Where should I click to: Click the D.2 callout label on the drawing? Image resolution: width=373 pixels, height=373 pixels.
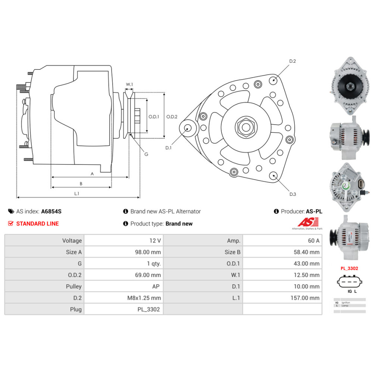point(292,61)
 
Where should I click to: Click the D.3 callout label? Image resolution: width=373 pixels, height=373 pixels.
point(292,194)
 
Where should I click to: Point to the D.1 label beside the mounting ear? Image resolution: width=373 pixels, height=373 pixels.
point(168,148)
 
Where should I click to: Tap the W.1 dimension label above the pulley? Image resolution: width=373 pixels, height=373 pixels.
point(129,85)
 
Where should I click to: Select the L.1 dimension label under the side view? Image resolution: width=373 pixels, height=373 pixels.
point(77,194)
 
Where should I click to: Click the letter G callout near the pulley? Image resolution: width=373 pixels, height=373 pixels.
point(146,154)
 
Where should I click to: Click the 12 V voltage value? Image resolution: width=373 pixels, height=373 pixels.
point(156,241)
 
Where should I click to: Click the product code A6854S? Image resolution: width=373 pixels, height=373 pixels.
point(51,211)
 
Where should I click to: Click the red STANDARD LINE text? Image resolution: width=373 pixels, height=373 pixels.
point(37,224)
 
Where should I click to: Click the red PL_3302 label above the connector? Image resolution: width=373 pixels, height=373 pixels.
point(349,268)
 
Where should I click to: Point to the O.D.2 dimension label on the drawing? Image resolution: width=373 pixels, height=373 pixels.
point(172,116)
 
